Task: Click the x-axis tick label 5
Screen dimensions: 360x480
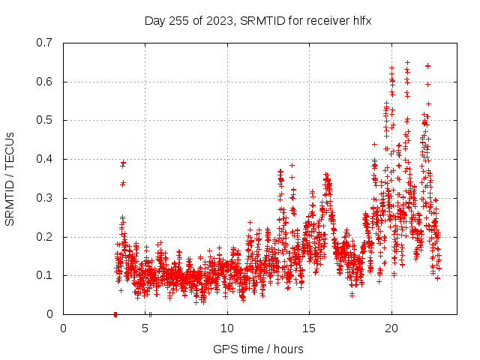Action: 145,328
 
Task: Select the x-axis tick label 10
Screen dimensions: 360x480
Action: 227,328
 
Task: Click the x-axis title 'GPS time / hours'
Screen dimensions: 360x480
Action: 258,349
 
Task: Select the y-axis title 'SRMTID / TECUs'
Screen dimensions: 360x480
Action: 10,178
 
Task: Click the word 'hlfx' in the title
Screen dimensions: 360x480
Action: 360,20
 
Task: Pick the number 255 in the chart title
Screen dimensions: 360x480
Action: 179,20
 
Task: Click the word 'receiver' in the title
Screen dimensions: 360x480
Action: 326,20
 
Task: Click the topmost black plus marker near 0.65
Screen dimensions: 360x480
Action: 407,62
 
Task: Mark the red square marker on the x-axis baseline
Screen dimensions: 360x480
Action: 115,314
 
